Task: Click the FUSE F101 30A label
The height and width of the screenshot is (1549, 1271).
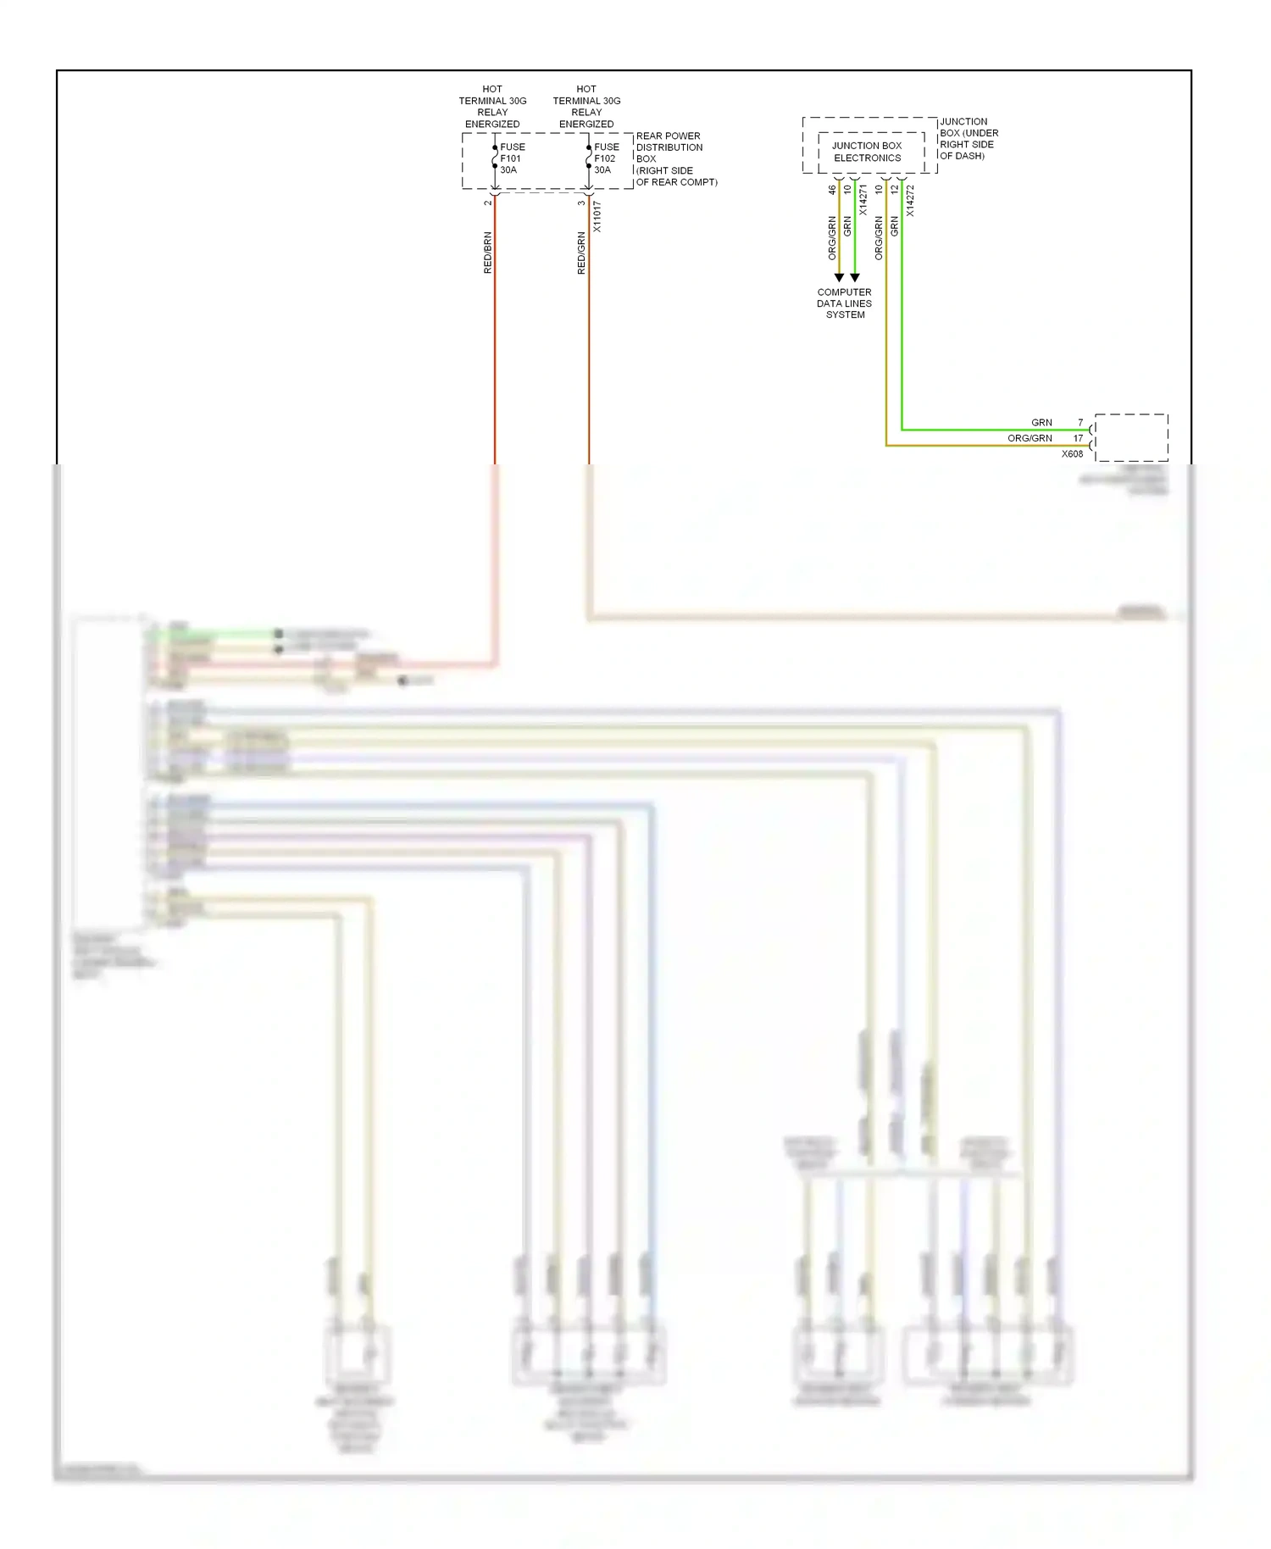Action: point(512,158)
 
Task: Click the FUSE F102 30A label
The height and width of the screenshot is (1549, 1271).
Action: point(606,158)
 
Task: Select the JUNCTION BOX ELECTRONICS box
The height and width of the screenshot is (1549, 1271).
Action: point(867,152)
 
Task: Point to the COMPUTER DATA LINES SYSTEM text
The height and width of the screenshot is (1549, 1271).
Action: point(844,303)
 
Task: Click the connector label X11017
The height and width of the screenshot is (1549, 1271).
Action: point(597,217)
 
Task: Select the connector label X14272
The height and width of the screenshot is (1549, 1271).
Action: point(910,201)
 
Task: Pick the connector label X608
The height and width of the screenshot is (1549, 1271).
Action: point(1072,454)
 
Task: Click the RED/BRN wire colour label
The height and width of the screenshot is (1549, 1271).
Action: point(487,253)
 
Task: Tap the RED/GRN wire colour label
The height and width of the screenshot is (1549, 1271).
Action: point(581,253)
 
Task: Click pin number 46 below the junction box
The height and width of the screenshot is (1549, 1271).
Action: point(832,190)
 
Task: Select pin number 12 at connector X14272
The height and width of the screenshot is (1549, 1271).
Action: point(895,190)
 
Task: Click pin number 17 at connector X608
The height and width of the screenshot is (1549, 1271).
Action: point(1078,438)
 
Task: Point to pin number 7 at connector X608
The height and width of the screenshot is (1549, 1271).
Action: point(1080,422)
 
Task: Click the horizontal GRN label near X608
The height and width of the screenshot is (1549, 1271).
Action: point(1041,422)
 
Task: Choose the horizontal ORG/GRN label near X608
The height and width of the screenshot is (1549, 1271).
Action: point(1030,438)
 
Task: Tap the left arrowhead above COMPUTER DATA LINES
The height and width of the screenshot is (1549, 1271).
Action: point(839,278)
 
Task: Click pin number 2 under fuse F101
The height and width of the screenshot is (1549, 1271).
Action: point(487,203)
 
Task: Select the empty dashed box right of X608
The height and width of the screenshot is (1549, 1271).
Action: point(1131,437)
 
